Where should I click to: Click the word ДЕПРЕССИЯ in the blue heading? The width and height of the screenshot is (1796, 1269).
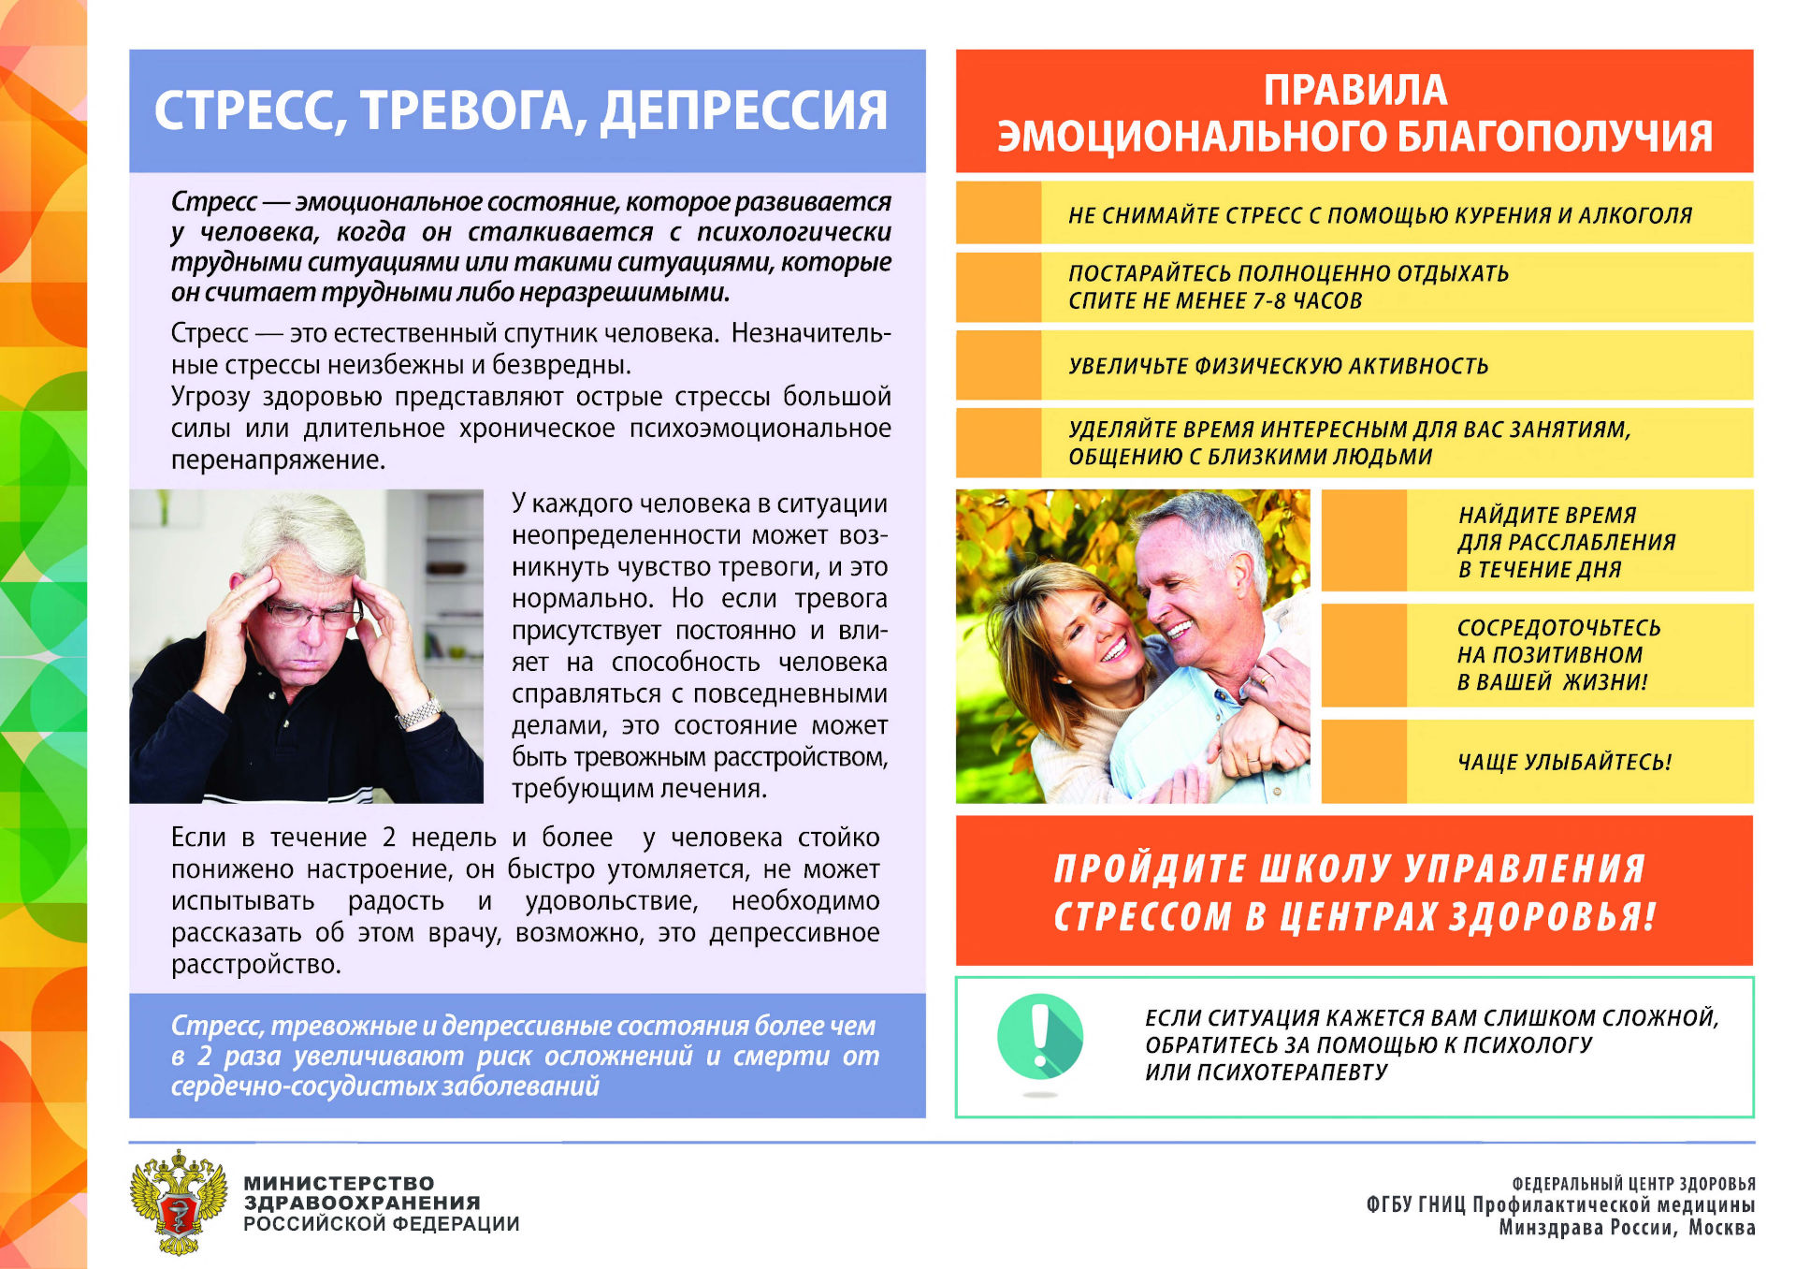pos(744,111)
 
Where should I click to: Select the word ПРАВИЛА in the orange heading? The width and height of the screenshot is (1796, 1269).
pos(1355,91)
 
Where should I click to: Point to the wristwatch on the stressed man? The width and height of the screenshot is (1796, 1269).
pos(418,713)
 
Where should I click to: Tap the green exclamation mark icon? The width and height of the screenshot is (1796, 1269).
pos(1040,1036)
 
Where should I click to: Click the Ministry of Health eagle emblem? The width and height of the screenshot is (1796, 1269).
pos(179,1203)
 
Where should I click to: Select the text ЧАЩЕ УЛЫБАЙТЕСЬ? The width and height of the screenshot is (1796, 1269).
pos(1564,762)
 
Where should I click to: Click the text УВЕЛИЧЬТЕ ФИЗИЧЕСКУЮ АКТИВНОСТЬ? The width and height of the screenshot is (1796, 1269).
pos(1278,366)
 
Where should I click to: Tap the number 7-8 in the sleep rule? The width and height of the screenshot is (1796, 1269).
pos(1269,301)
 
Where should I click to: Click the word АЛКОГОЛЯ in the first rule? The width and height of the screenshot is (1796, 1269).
pos(1635,215)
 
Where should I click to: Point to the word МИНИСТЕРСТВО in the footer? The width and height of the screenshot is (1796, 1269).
pos(339,1183)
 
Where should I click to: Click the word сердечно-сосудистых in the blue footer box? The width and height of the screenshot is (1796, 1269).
pos(303,1087)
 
